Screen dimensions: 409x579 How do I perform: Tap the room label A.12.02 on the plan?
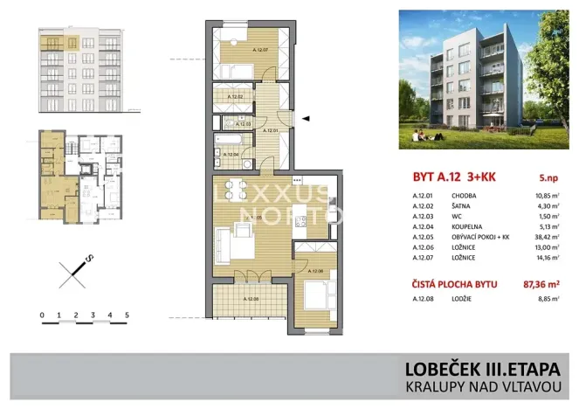coord(234,98)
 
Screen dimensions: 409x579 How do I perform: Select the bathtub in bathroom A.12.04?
coord(229,141)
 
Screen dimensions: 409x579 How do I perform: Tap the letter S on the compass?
coord(88,258)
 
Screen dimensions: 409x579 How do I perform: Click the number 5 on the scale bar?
coord(128,314)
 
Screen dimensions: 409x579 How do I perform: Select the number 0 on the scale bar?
coord(42,314)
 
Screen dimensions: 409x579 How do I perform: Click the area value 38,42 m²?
coord(547,236)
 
